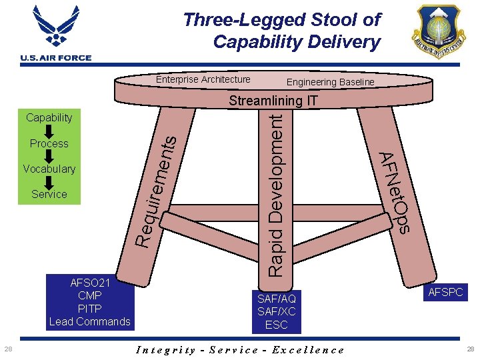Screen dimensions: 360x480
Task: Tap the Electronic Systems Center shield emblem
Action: coord(438,32)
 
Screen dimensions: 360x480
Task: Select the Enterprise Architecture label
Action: coord(203,79)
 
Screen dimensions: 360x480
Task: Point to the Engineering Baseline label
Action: coord(330,82)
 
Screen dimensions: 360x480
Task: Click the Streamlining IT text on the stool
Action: coord(273,101)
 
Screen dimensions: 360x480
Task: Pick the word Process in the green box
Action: coord(49,143)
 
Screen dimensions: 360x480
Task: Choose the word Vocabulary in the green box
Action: coord(49,169)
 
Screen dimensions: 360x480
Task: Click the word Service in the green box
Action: coord(49,194)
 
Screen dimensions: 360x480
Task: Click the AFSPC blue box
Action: coord(445,292)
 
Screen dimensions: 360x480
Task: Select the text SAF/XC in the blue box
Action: coord(276,311)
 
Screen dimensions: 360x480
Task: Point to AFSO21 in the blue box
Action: coord(89,283)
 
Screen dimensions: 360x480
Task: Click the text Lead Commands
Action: coord(89,321)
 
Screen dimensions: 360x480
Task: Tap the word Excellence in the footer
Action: coord(311,350)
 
